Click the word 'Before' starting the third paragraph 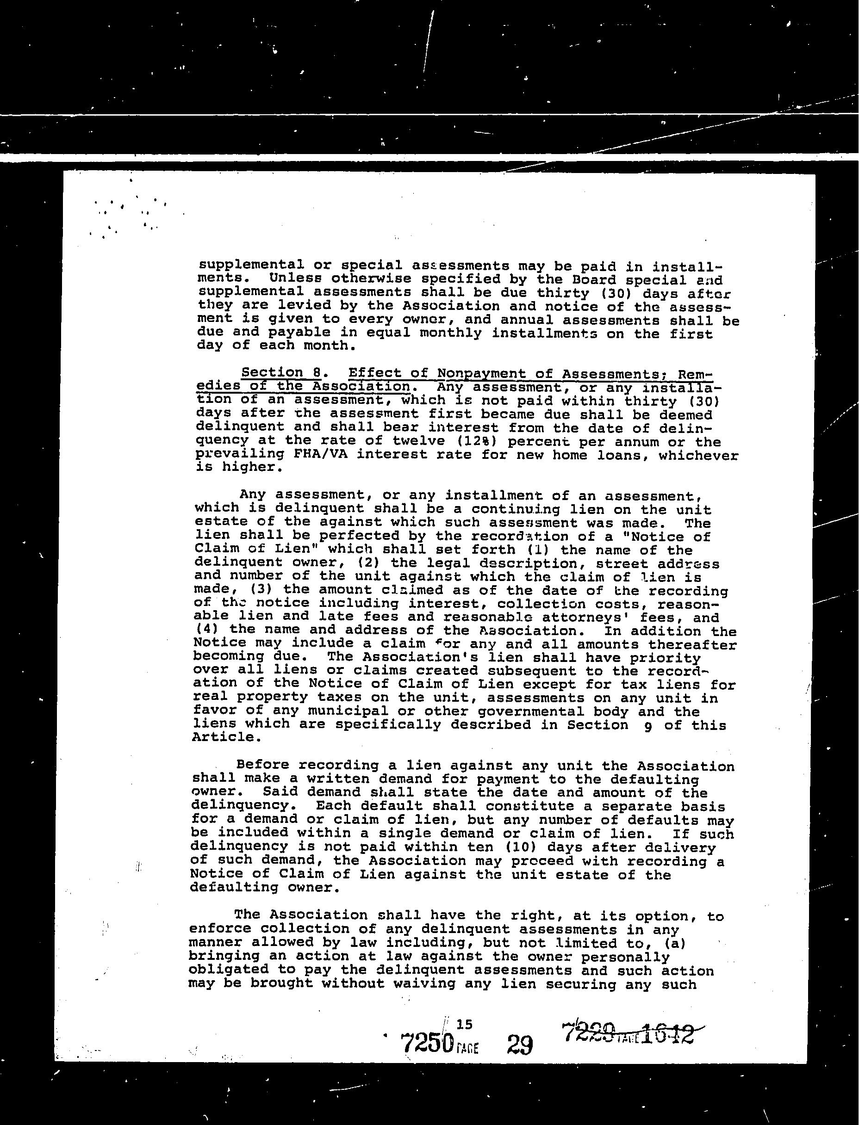coord(263,765)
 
